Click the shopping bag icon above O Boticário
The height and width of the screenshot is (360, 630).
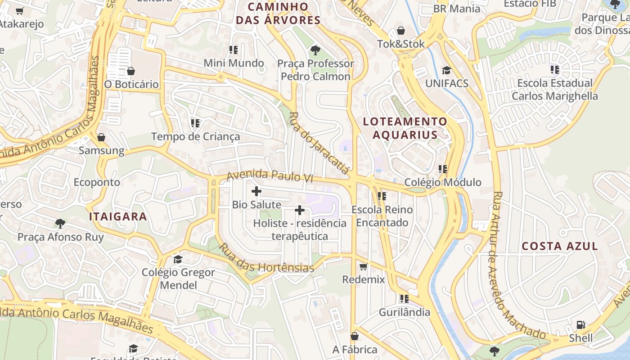click(131, 71)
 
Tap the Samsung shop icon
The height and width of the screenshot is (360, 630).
click(101, 137)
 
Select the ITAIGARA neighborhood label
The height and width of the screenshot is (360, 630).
click(118, 216)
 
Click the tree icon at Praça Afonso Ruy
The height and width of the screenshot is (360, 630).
click(60, 224)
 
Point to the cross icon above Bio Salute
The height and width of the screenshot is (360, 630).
click(256, 191)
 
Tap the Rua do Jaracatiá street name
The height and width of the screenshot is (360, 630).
click(319, 143)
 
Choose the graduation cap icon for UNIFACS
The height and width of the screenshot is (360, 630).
click(446, 70)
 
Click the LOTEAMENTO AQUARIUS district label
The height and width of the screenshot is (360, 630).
click(405, 128)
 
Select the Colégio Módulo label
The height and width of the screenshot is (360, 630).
click(443, 182)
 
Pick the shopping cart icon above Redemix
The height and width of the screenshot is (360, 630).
click(364, 266)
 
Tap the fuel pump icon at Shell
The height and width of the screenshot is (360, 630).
click(581, 325)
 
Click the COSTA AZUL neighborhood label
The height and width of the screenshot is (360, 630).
click(559, 246)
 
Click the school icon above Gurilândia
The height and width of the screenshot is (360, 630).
click(404, 299)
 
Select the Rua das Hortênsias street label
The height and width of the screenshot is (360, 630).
click(266, 259)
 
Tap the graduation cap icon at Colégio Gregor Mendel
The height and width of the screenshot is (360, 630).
click(178, 259)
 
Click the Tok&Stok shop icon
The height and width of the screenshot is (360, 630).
click(400, 31)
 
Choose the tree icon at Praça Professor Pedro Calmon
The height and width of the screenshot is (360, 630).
click(315, 50)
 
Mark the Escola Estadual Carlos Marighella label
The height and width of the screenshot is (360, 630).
click(555, 90)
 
